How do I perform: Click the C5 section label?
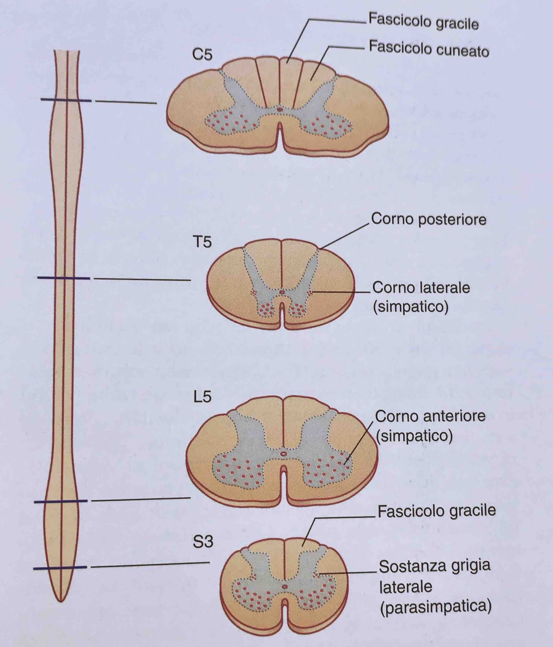click(x=202, y=55)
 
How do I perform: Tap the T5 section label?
click(x=202, y=242)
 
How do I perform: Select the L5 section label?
click(x=202, y=397)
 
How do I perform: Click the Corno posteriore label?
click(x=428, y=219)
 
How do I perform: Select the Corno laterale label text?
click(x=421, y=288)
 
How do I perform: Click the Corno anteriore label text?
click(x=430, y=416)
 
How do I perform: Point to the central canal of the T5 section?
click(x=282, y=293)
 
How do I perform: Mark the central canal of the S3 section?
click(x=285, y=586)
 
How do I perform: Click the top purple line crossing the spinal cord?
click(x=66, y=100)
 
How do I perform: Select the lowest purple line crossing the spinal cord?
click(x=60, y=568)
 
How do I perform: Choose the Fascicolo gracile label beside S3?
click(x=436, y=511)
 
